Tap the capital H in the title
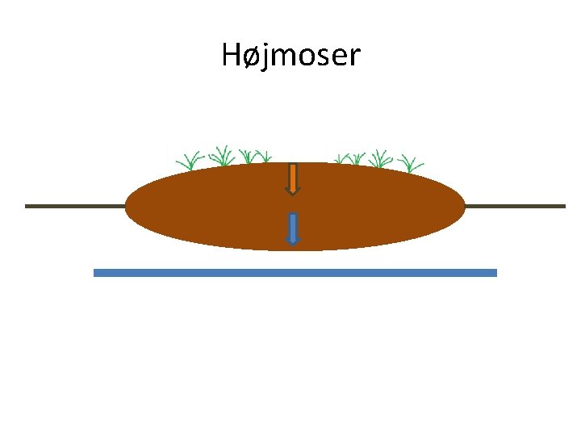coord(232,56)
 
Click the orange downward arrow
coord(293,178)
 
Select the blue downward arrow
coord(293,228)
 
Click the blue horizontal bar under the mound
coord(295,273)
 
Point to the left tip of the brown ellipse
coord(127,207)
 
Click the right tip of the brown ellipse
coord(465,207)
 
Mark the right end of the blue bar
coord(495,273)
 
